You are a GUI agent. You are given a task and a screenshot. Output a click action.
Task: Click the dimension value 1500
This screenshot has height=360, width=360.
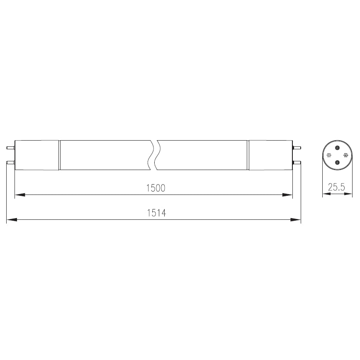(x=156, y=188)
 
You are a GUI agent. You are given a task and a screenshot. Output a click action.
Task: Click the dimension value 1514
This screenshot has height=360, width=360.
(x=156, y=213)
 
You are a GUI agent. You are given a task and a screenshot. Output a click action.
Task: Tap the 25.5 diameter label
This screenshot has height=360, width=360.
(x=336, y=187)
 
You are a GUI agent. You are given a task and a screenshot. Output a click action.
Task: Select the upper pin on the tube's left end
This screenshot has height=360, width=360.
(x=10, y=148)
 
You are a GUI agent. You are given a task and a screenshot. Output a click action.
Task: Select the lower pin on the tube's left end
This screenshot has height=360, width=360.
(x=10, y=163)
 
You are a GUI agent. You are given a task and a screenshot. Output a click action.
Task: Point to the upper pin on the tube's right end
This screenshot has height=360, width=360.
(x=297, y=148)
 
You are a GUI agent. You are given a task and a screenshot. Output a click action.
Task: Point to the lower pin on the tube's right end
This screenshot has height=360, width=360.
(x=297, y=163)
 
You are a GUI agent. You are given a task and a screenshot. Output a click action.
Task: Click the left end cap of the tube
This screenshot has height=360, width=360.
(x=37, y=155)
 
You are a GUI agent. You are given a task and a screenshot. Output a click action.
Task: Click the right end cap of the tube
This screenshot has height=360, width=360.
(x=270, y=155)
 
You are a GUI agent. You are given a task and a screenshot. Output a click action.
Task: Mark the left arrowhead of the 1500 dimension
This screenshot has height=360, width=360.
(x=20, y=195)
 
